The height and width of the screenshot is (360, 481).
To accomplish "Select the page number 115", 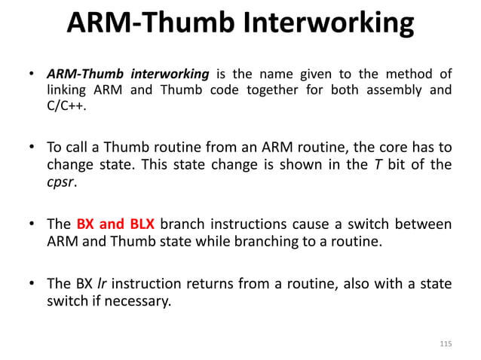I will [445, 343].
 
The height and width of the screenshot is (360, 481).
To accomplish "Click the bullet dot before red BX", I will [32, 224].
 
